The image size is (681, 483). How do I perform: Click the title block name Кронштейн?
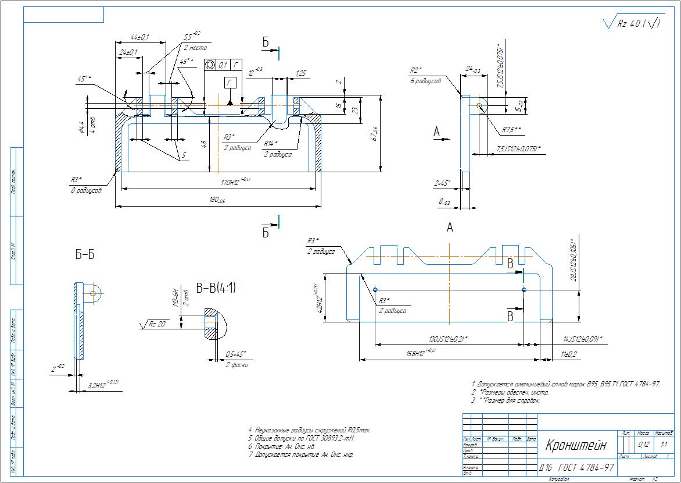tap(575, 446)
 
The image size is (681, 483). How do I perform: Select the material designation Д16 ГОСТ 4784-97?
tap(576, 467)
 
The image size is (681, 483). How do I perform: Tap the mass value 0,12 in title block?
tap(644, 445)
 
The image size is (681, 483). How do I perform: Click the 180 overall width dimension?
tap(217, 200)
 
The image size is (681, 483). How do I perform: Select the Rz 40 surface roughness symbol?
tap(633, 23)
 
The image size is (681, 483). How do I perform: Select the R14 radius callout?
tap(270, 143)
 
